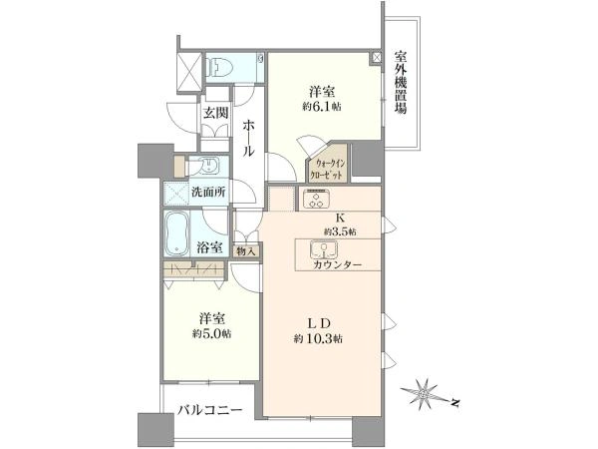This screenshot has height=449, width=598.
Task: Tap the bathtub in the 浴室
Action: tap(177, 233)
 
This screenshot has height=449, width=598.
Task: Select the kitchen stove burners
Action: tap(316, 199)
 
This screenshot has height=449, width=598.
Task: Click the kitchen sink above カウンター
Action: tap(324, 249)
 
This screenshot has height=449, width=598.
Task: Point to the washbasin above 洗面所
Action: tap(207, 166)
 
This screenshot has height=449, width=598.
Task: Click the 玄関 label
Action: tap(215, 113)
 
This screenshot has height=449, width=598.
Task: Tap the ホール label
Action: tap(248, 138)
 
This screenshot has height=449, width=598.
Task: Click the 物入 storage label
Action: tap(245, 251)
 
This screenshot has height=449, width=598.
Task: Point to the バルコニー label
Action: tap(210, 410)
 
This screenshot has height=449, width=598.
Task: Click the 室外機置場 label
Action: tap(400, 83)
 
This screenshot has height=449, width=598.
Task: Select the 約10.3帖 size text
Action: tap(318, 338)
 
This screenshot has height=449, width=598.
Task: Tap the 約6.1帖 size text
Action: tap(322, 107)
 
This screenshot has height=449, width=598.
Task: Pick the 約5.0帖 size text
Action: tap(211, 333)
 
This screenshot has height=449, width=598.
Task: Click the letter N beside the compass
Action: tap(454, 402)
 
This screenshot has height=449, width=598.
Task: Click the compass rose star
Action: tap(422, 393)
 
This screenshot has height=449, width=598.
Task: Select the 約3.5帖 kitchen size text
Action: tap(341, 231)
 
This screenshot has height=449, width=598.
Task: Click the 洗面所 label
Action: tap(209, 192)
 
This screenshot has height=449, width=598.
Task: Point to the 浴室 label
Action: tap(209, 247)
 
